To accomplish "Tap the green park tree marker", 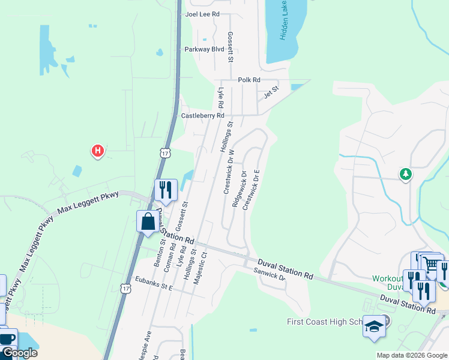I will click(406, 174).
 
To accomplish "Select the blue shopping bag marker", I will click(148, 222).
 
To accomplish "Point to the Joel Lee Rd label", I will click(202, 14).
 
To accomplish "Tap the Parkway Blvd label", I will click(204, 49).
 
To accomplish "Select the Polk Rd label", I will click(249, 80).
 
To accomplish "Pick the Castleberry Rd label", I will click(203, 115).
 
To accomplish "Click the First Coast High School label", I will click(324, 322).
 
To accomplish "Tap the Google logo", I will click(19, 353).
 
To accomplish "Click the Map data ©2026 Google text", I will click(411, 355).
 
